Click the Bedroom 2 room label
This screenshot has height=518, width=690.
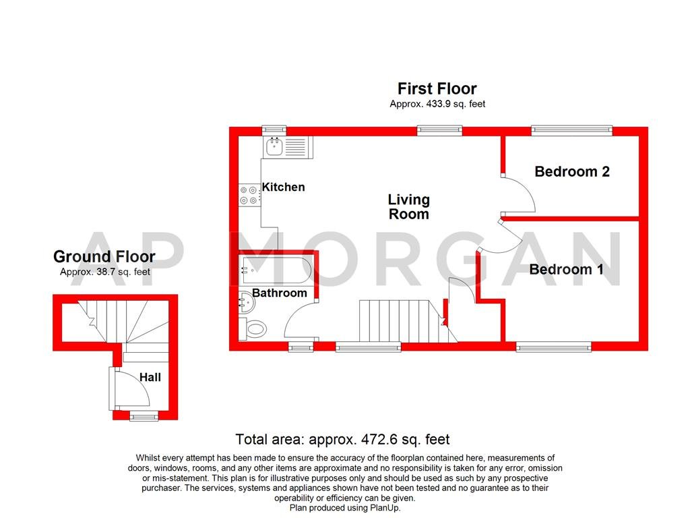pos(572,172)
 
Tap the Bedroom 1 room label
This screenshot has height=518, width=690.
pos(566,270)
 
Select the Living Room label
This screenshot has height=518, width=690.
pos(408,207)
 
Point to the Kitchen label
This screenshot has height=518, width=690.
pos(283,188)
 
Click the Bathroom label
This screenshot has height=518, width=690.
pos(280,293)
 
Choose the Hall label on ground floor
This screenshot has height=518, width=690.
pos(150,378)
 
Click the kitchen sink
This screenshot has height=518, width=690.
pos(275,146)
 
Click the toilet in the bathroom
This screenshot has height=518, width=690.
pos(255,330)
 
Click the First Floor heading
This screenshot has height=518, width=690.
pos(437,89)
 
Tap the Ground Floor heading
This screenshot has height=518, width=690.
pos(104,257)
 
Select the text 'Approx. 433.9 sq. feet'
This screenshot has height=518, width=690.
pos(437,105)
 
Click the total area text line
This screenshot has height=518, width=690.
pos(342,440)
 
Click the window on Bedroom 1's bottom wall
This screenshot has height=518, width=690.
pos(554,347)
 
